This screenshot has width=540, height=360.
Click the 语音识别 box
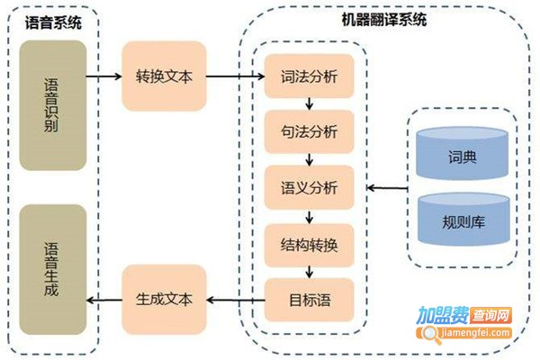tap(53, 105)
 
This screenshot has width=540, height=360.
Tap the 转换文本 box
tap(164, 76)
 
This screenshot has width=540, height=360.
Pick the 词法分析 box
tap(309, 76)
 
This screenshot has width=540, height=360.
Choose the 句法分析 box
tap(309, 132)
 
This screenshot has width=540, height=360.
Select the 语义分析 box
tap(309, 188)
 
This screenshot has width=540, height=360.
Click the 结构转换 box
tap(309, 243)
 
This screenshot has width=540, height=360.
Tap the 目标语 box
tap(309, 298)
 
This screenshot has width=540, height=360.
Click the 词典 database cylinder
tap(463, 157)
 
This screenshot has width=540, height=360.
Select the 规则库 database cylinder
tap(463, 219)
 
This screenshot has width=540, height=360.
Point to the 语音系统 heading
tap(52, 22)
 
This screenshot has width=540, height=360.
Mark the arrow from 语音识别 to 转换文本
tap(104, 76)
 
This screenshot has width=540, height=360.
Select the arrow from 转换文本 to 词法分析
tap(235, 76)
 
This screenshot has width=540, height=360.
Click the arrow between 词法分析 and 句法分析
tap(309, 104)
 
